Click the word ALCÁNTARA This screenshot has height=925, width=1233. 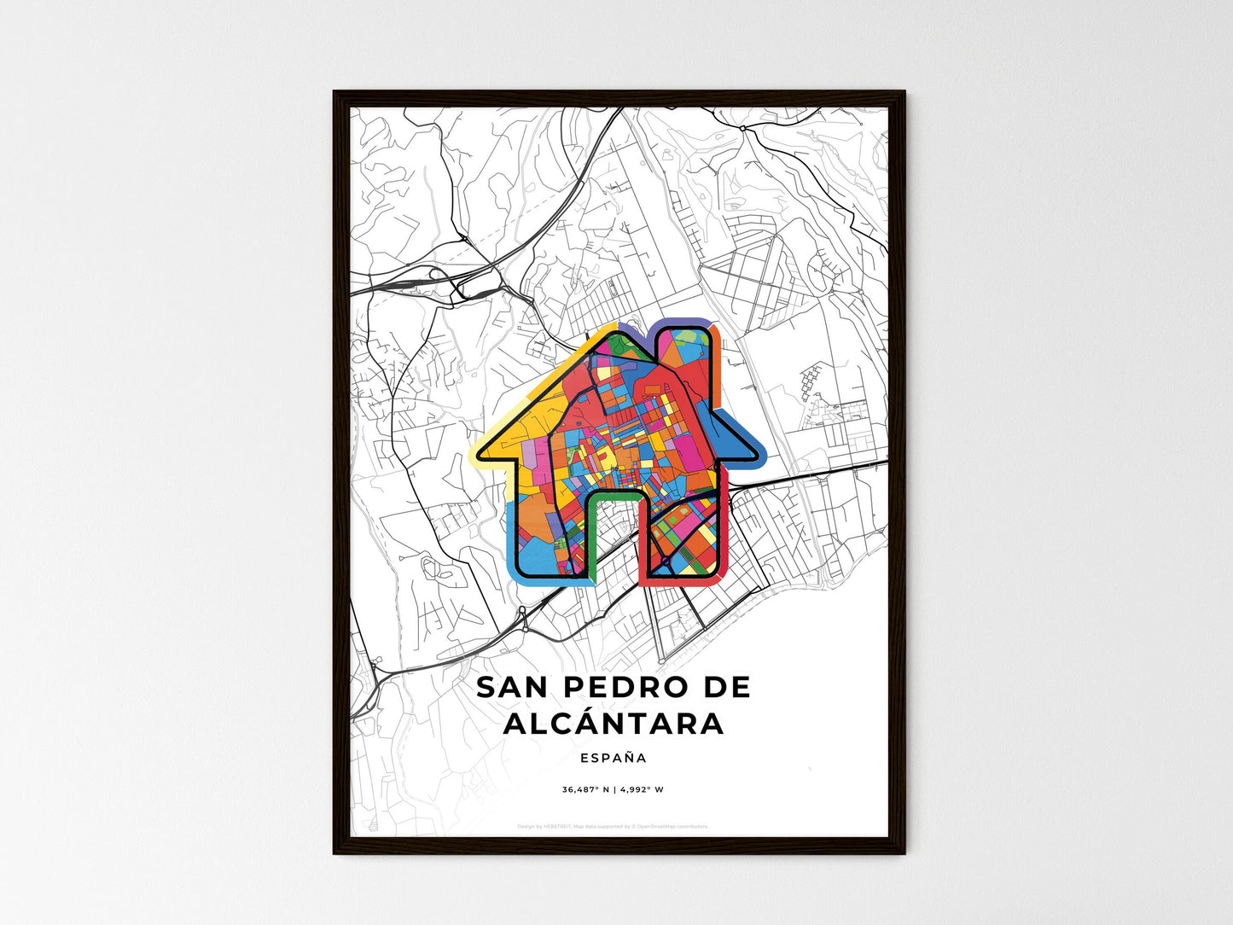[x=614, y=724]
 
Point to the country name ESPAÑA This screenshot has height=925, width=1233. [x=613, y=758]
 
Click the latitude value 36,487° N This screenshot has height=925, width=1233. [x=585, y=789]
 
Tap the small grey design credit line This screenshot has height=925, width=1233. [x=613, y=826]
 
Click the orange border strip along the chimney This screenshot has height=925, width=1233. [x=717, y=367]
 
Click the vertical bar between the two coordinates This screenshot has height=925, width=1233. [x=614, y=789]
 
